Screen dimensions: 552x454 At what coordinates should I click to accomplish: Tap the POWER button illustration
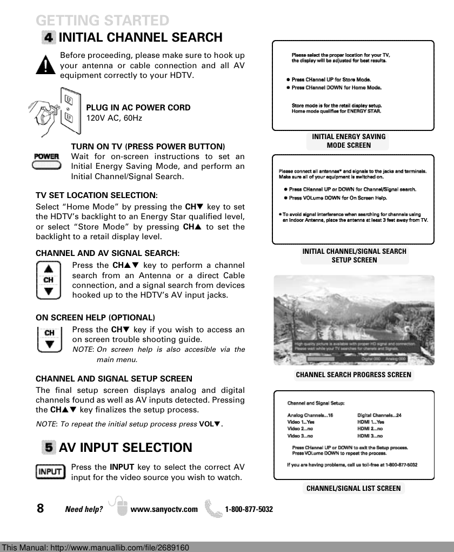pos(46,161)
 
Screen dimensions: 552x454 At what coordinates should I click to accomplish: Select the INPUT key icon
pos(50,471)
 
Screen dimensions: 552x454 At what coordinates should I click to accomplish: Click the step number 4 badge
pos(49,38)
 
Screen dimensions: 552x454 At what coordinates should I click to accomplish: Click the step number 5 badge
pos(49,448)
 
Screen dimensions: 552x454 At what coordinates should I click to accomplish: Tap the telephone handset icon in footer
pos(216,508)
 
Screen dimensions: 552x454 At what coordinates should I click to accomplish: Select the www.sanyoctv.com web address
pos(164,509)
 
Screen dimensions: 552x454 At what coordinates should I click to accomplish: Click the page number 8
pos(41,508)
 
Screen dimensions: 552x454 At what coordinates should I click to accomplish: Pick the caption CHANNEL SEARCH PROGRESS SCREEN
pos(353,374)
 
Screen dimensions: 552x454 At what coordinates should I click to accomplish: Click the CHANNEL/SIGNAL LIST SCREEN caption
pos(353,488)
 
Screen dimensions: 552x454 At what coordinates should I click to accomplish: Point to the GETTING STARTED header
pos(103,21)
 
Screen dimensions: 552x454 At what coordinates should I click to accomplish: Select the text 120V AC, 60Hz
pos(114,118)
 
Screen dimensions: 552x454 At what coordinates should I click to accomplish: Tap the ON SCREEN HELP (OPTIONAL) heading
pos(95,317)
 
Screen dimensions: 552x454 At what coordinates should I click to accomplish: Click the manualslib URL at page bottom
pos(96,548)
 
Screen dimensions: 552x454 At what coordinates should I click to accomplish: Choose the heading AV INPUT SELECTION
pos(125,448)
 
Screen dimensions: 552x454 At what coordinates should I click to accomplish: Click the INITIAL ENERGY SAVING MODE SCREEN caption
pos(349,141)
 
